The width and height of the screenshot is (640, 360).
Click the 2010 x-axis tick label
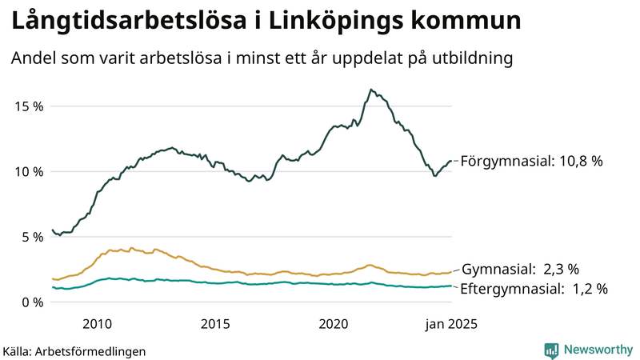point(96,324)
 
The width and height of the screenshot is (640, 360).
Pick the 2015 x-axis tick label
point(215,324)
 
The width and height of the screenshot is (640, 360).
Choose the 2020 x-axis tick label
point(334,324)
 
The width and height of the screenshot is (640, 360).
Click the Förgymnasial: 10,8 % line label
point(531,162)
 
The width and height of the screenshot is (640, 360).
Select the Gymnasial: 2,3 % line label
point(520,270)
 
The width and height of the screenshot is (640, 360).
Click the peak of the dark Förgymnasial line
point(371,90)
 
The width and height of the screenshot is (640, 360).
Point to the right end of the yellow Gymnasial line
point(451,272)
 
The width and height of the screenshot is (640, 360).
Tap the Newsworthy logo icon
point(551,350)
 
